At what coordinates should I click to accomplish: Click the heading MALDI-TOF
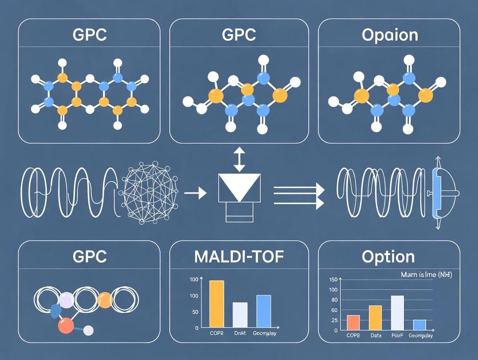pyautogui.click(x=239, y=257)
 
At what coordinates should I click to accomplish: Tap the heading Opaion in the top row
pyautogui.click(x=390, y=35)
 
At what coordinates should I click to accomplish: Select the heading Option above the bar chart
pyautogui.click(x=388, y=257)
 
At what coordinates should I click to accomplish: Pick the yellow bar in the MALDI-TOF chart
pyautogui.click(x=217, y=304)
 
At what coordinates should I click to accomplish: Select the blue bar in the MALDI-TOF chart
pyautogui.click(x=264, y=311)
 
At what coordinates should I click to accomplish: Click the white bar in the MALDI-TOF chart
pyautogui.click(x=240, y=315)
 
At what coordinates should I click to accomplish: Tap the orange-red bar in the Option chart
pyautogui.click(x=353, y=322)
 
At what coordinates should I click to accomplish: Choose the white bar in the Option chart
pyautogui.click(x=397, y=313)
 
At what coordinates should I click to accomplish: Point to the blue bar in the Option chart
pyautogui.click(x=420, y=325)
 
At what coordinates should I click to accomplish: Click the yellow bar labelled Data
pyautogui.click(x=375, y=318)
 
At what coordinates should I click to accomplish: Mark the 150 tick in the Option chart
pyautogui.click(x=333, y=279)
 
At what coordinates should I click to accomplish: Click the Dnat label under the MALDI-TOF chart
pyautogui.click(x=240, y=334)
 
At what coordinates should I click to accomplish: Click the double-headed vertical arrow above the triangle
pyautogui.click(x=239, y=159)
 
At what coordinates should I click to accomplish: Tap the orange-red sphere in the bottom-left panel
pyautogui.click(x=66, y=325)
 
